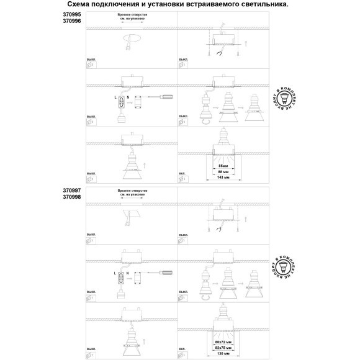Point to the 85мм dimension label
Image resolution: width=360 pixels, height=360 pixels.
(x=223, y=166)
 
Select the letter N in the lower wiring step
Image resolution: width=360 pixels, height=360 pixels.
(x=127, y=272)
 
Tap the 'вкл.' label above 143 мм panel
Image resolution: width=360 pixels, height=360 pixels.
(x=182, y=164)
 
